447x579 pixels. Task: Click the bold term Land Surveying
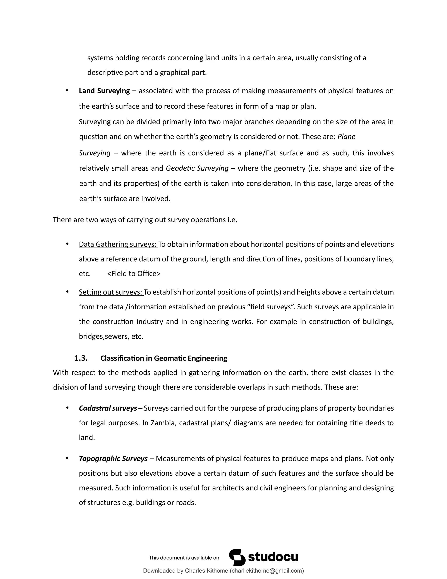click(104, 91)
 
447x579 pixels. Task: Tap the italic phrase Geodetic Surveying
click(197, 168)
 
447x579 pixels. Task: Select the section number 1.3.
click(81, 358)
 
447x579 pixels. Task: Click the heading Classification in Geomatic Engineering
click(164, 358)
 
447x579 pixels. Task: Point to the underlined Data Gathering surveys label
click(118, 244)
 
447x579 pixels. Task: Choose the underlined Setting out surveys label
click(111, 292)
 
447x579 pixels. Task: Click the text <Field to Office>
click(134, 274)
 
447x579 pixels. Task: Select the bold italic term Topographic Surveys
click(113, 458)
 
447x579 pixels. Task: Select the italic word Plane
click(346, 137)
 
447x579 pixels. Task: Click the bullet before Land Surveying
click(67, 91)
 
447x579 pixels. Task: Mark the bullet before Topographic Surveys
click(67, 458)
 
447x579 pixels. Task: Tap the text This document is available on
click(184, 558)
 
